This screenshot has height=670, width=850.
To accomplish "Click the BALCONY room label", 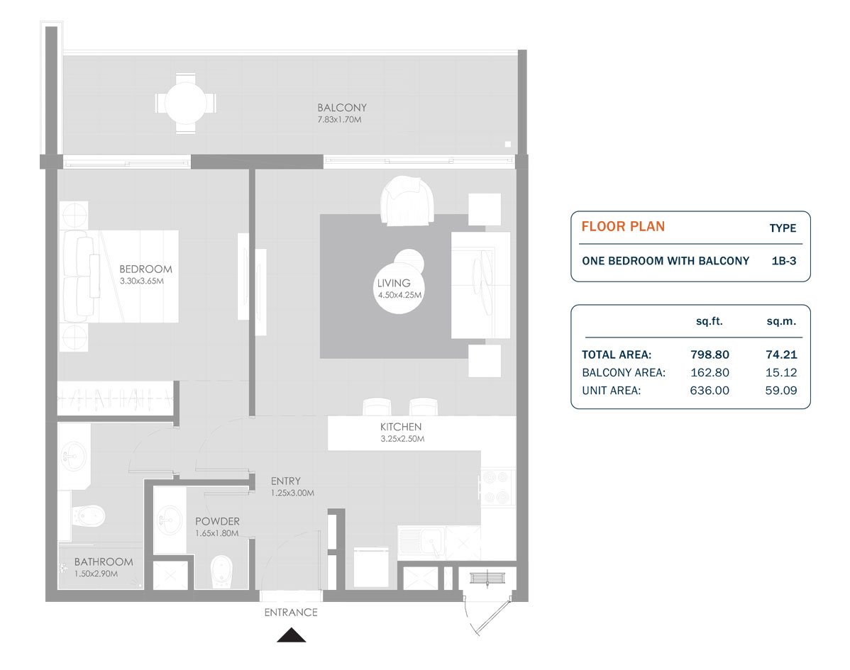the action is pyautogui.click(x=342, y=108).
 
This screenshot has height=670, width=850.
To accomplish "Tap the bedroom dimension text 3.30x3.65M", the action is pyautogui.click(x=141, y=281).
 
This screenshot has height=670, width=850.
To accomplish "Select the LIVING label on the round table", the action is pyautogui.click(x=394, y=284).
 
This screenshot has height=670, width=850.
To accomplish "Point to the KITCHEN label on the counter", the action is pyautogui.click(x=401, y=427).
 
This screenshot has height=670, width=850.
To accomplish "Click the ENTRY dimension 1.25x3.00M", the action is pyautogui.click(x=293, y=493).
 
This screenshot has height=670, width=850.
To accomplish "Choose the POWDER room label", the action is pyautogui.click(x=217, y=522).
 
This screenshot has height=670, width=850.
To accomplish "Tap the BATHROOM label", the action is pyautogui.click(x=104, y=562).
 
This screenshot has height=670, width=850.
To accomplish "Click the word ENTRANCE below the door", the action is pyautogui.click(x=291, y=613).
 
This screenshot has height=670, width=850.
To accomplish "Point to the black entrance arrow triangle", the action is pyautogui.click(x=292, y=635).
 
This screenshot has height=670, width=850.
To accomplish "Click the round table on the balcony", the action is pyautogui.click(x=185, y=103).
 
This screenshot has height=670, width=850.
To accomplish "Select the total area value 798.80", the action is pyautogui.click(x=710, y=354).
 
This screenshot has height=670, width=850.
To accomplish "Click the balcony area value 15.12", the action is pyautogui.click(x=781, y=373).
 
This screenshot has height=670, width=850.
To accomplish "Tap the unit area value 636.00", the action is pyautogui.click(x=710, y=391).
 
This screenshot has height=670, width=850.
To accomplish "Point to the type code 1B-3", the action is pyautogui.click(x=784, y=261).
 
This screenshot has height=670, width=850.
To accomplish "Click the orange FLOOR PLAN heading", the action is pyautogui.click(x=623, y=226).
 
